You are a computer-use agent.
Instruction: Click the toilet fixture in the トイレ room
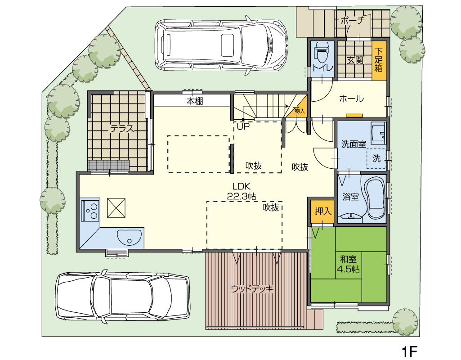[322, 51]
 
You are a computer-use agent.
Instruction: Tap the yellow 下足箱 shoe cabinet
[379, 61]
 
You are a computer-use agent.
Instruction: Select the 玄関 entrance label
[354, 60]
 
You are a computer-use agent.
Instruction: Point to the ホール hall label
[351, 99]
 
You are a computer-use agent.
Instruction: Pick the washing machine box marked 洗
[376, 159]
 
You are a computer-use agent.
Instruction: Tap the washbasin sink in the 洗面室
[378, 133]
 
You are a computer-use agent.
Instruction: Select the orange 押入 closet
[322, 211]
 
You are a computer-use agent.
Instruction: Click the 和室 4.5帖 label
[349, 264]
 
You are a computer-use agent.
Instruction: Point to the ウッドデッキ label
[252, 288]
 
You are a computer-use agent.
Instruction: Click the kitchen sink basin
[130, 237]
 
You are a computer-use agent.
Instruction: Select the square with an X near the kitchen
[116, 208]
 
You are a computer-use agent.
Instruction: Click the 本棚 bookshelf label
[195, 101]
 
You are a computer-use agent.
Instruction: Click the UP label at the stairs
[243, 127]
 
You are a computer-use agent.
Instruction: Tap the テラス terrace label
[122, 129]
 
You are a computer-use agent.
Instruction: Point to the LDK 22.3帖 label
[242, 191]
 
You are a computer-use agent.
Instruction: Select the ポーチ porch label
[353, 21]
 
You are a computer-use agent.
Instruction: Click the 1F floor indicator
[410, 351]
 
